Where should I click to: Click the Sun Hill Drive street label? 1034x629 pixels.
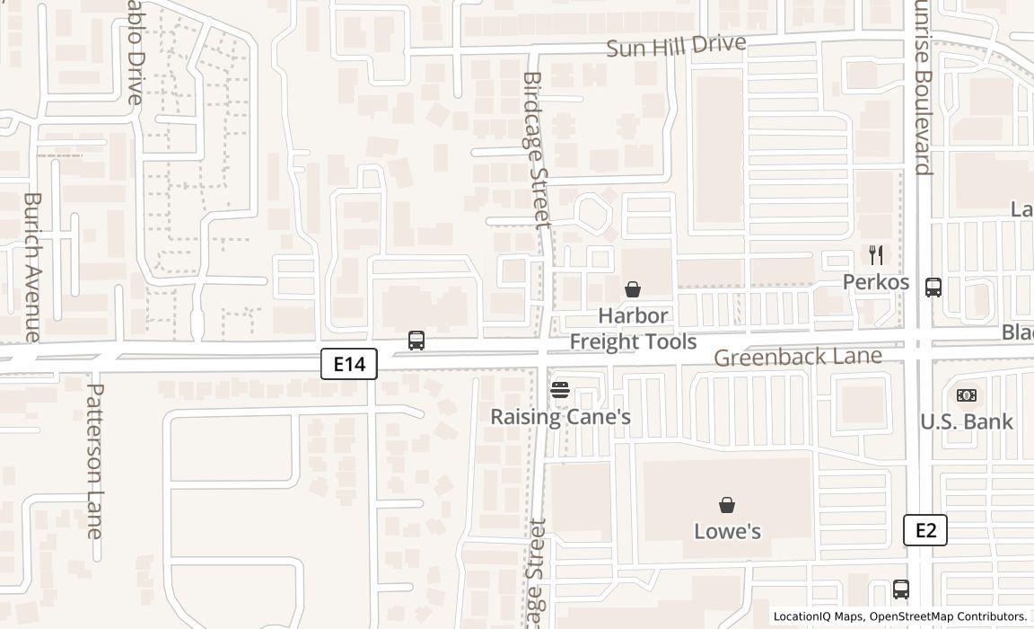pos(676,45)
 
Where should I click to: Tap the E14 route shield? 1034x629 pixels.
pos(349,364)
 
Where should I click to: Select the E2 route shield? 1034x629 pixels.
pos(925,530)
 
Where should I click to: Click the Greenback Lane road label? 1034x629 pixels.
pos(798,357)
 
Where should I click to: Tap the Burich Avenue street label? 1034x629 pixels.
pos(32,266)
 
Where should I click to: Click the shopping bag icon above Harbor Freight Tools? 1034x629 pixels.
pos(633,288)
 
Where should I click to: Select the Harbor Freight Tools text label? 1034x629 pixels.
pos(633,329)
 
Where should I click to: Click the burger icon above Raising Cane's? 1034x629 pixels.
pos(560,390)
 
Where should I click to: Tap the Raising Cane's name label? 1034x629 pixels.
pos(560,417)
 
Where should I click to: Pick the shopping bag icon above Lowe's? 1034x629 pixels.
pos(727,505)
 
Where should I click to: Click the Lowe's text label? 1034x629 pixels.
pos(727,531)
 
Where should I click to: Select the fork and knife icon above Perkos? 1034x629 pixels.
pos(876,255)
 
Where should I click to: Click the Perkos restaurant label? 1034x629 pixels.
pos(876,282)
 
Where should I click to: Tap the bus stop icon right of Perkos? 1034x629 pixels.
pos(933,288)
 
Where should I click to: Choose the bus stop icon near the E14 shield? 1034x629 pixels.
pos(416,341)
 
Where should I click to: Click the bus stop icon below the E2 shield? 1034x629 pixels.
pos(901,589)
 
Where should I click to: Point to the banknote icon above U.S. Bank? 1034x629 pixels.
pos(967,395)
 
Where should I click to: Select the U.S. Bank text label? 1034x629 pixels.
pos(967,421)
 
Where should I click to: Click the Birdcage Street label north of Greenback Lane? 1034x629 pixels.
pos(535,150)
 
